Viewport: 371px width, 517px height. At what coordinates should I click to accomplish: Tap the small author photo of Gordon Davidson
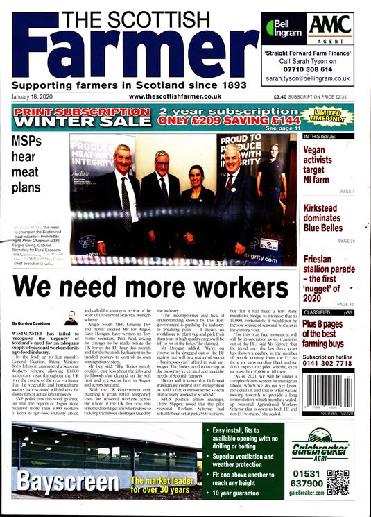click(x=70, y=319)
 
